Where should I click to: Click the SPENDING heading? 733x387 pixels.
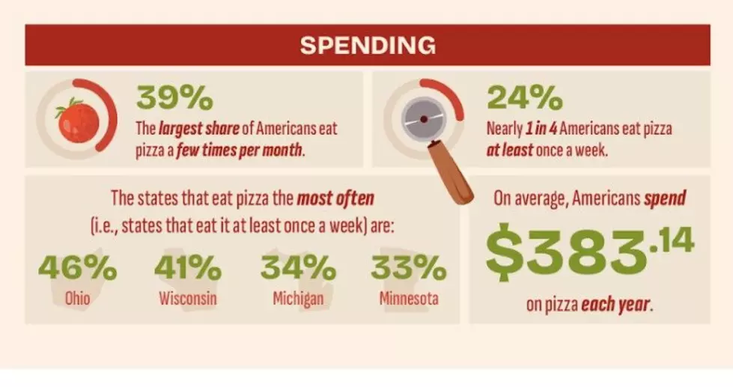point(368,46)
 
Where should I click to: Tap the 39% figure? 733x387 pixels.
point(175,99)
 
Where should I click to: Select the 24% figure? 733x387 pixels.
point(525,99)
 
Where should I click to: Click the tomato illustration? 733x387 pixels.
point(78,121)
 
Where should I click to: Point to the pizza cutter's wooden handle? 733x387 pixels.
point(451,173)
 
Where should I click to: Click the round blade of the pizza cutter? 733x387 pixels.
point(424,119)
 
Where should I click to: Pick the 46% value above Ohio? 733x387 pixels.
point(78,267)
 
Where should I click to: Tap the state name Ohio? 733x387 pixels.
point(78,298)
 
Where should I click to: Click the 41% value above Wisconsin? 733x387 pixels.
point(188,267)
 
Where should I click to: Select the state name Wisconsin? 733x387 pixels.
point(188,298)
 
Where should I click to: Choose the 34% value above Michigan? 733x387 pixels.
point(298,267)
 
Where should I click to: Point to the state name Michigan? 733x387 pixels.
point(298,298)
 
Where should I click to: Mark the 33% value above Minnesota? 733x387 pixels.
point(409,267)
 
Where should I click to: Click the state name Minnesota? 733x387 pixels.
point(409,298)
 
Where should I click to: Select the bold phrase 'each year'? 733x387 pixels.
point(615,305)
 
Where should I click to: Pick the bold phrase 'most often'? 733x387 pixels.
point(335,198)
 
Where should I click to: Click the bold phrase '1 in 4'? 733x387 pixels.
point(541,128)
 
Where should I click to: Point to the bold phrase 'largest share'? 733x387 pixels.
point(198,129)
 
